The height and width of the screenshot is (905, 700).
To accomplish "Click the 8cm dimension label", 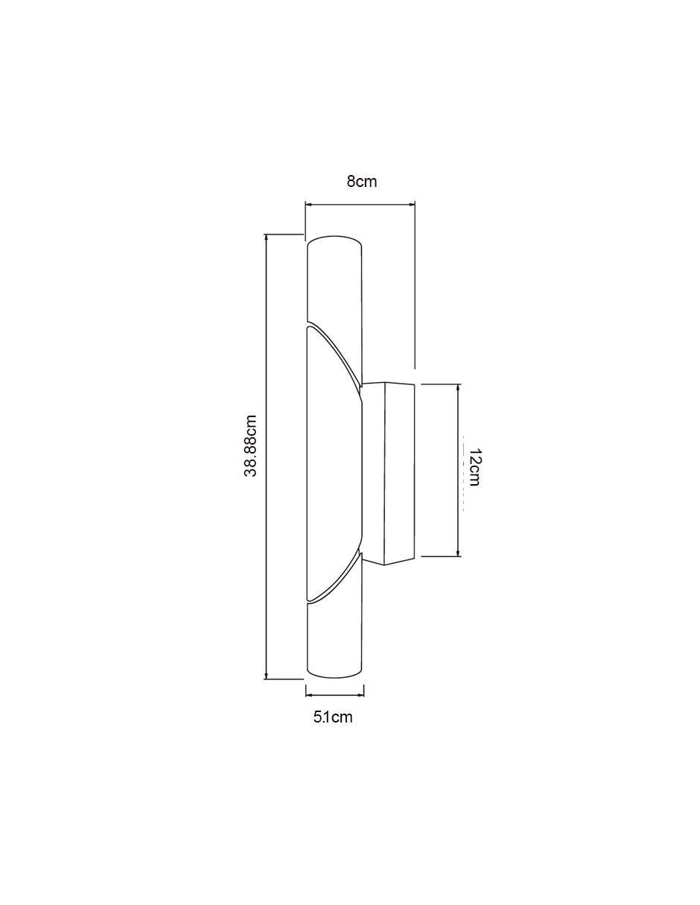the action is [x=361, y=182].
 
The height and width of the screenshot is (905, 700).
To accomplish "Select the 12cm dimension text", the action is [x=474, y=468].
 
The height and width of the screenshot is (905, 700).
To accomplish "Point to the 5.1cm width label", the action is [x=333, y=717].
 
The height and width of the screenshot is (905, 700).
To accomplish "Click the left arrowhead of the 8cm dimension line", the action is [x=309, y=204].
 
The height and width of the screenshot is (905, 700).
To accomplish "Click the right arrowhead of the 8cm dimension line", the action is [x=412, y=204].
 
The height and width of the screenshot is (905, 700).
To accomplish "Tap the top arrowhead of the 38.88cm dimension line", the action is [x=266, y=238].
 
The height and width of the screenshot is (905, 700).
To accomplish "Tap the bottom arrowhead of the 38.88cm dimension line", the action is [x=266, y=678].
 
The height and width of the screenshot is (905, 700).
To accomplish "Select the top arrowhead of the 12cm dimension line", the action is [x=458, y=388].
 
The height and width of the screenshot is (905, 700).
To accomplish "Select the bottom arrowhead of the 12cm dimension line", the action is [x=458, y=552].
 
